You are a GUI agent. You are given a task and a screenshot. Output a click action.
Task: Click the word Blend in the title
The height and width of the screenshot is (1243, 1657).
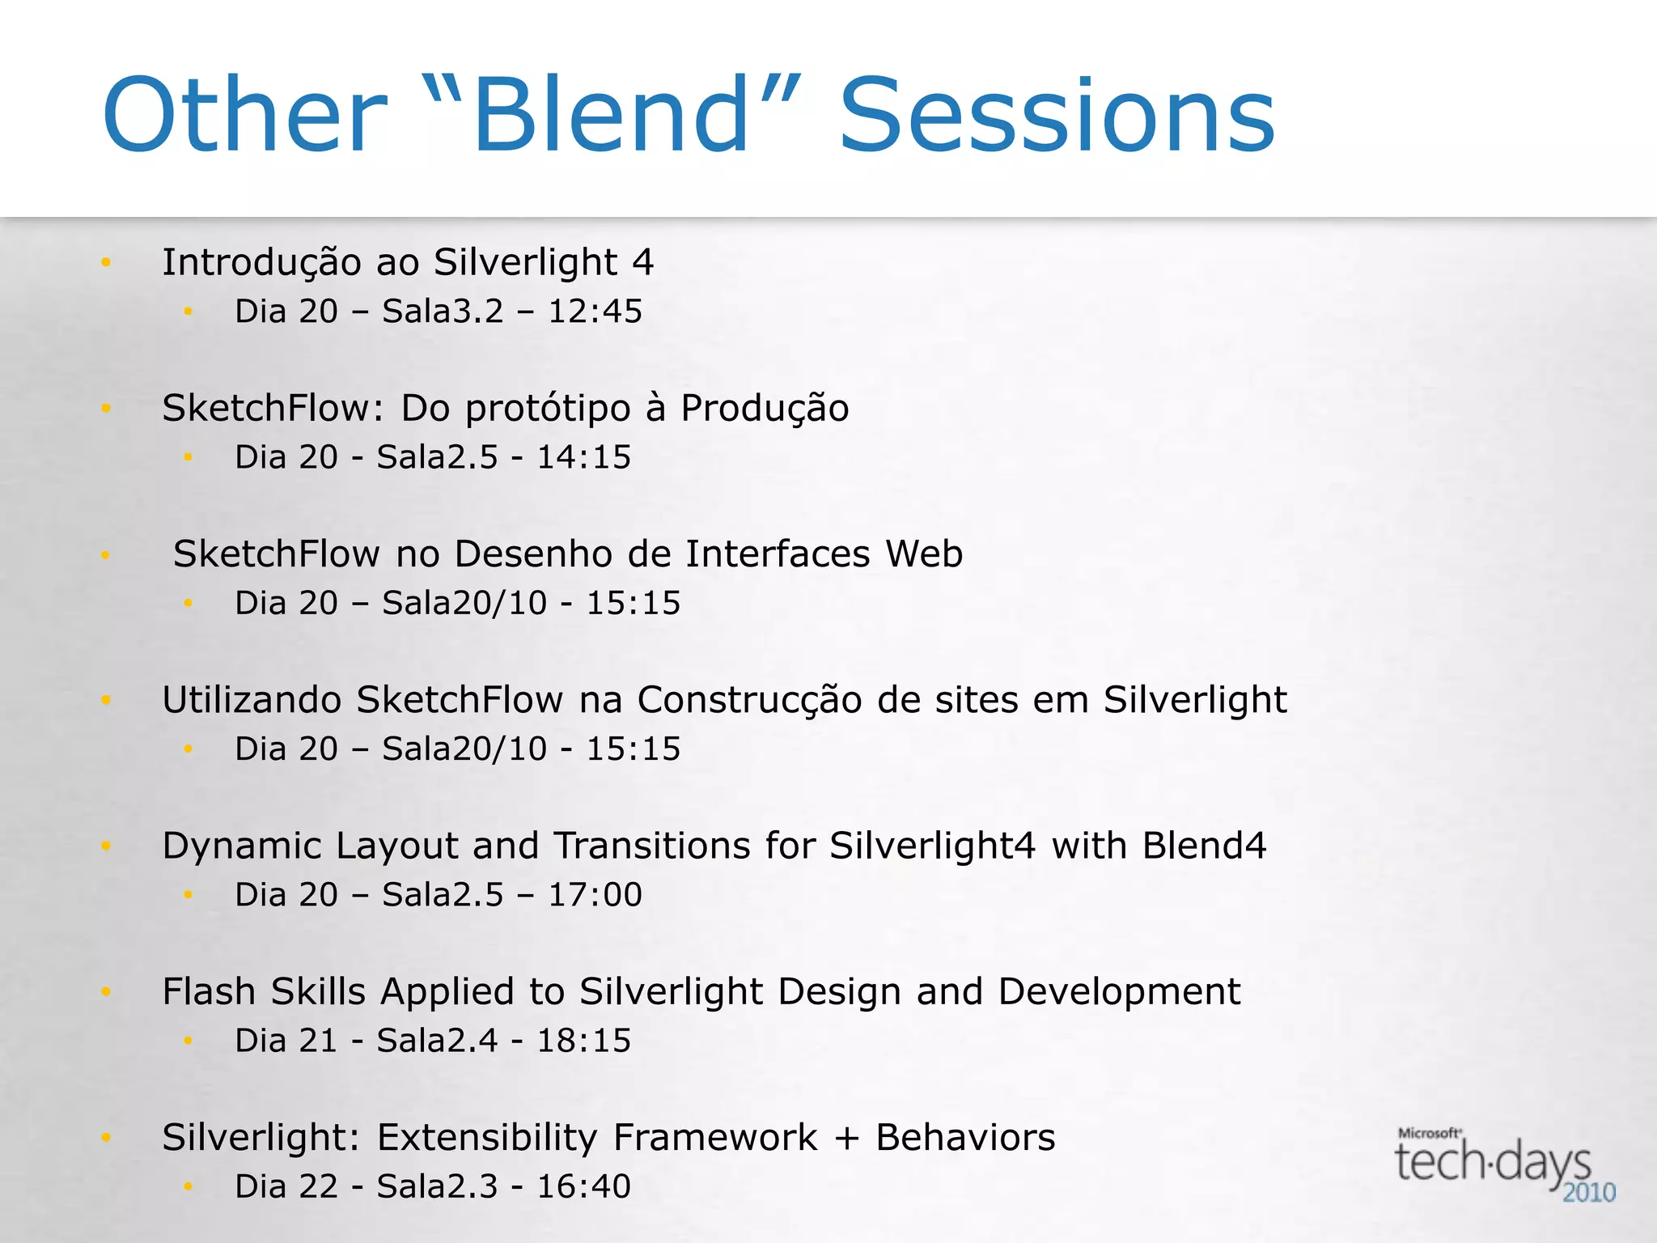[x=611, y=115]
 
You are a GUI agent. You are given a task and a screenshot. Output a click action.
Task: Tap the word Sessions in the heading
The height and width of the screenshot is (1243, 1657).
[x=1057, y=115]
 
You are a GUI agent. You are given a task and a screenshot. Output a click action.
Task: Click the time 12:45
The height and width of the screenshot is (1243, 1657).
[x=595, y=312]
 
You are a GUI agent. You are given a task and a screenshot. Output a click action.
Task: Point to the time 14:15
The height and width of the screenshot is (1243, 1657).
[x=583, y=457]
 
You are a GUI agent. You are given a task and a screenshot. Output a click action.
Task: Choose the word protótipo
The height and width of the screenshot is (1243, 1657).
[x=548, y=409]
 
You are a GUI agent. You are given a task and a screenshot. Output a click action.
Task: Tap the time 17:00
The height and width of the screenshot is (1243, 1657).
[x=595, y=895]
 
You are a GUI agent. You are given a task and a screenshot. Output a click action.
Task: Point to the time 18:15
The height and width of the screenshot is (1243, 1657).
[x=583, y=1041]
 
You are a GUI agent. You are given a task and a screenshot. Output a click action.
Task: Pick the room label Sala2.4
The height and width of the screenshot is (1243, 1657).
[x=437, y=1041]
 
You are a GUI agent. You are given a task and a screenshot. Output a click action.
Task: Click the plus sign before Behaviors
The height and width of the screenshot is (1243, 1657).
[x=846, y=1138]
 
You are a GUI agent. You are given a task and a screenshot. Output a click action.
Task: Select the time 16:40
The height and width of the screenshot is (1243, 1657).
[x=583, y=1186]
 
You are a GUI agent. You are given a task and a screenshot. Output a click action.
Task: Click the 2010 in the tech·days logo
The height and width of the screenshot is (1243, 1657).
[x=1588, y=1193]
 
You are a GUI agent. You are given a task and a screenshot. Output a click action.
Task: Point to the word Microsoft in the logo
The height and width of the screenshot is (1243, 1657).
[x=1429, y=1133]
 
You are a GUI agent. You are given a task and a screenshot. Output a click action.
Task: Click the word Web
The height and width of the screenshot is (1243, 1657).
[x=924, y=554]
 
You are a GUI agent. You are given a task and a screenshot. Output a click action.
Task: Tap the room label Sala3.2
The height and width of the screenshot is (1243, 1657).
[x=443, y=312]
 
